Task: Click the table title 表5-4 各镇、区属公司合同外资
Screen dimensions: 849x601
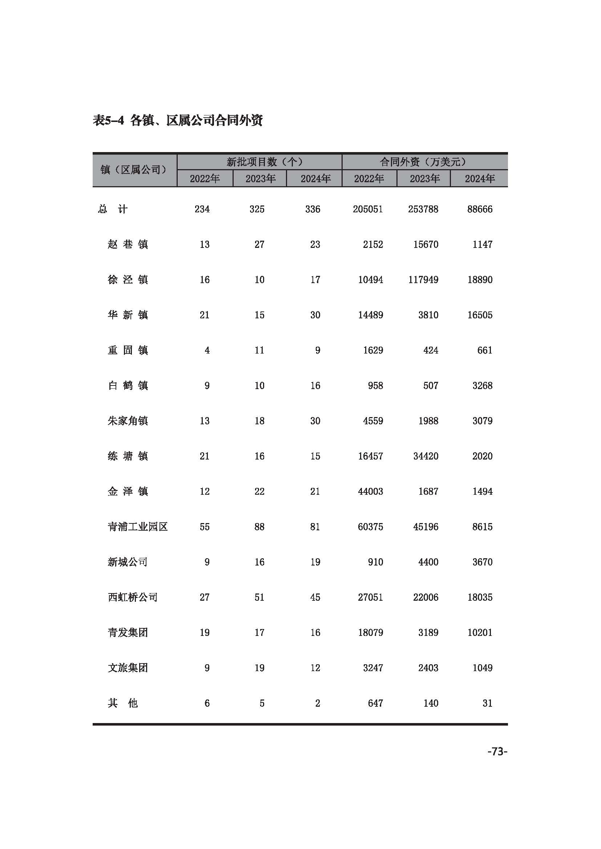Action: point(178,120)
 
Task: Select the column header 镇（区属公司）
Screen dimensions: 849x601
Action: point(134,170)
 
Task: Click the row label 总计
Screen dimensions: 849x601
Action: point(113,209)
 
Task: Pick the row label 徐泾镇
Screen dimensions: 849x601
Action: point(128,279)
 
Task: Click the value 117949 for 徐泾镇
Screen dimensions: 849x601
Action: point(423,279)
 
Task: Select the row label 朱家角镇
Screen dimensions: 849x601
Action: point(128,421)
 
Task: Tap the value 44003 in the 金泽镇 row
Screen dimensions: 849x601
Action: point(370,491)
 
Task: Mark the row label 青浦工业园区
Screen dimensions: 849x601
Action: point(138,527)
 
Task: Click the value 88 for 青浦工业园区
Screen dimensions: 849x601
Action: point(259,527)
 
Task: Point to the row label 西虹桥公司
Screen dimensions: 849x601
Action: point(133,597)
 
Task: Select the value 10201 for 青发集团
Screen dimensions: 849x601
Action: point(480,632)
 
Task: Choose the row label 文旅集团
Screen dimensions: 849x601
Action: point(128,668)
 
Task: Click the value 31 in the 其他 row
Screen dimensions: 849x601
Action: point(487,703)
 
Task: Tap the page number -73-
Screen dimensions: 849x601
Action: point(497,751)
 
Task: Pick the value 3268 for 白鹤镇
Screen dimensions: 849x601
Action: point(482,386)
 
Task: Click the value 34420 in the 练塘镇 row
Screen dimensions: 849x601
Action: point(425,456)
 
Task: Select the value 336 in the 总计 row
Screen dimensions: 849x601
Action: point(312,209)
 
